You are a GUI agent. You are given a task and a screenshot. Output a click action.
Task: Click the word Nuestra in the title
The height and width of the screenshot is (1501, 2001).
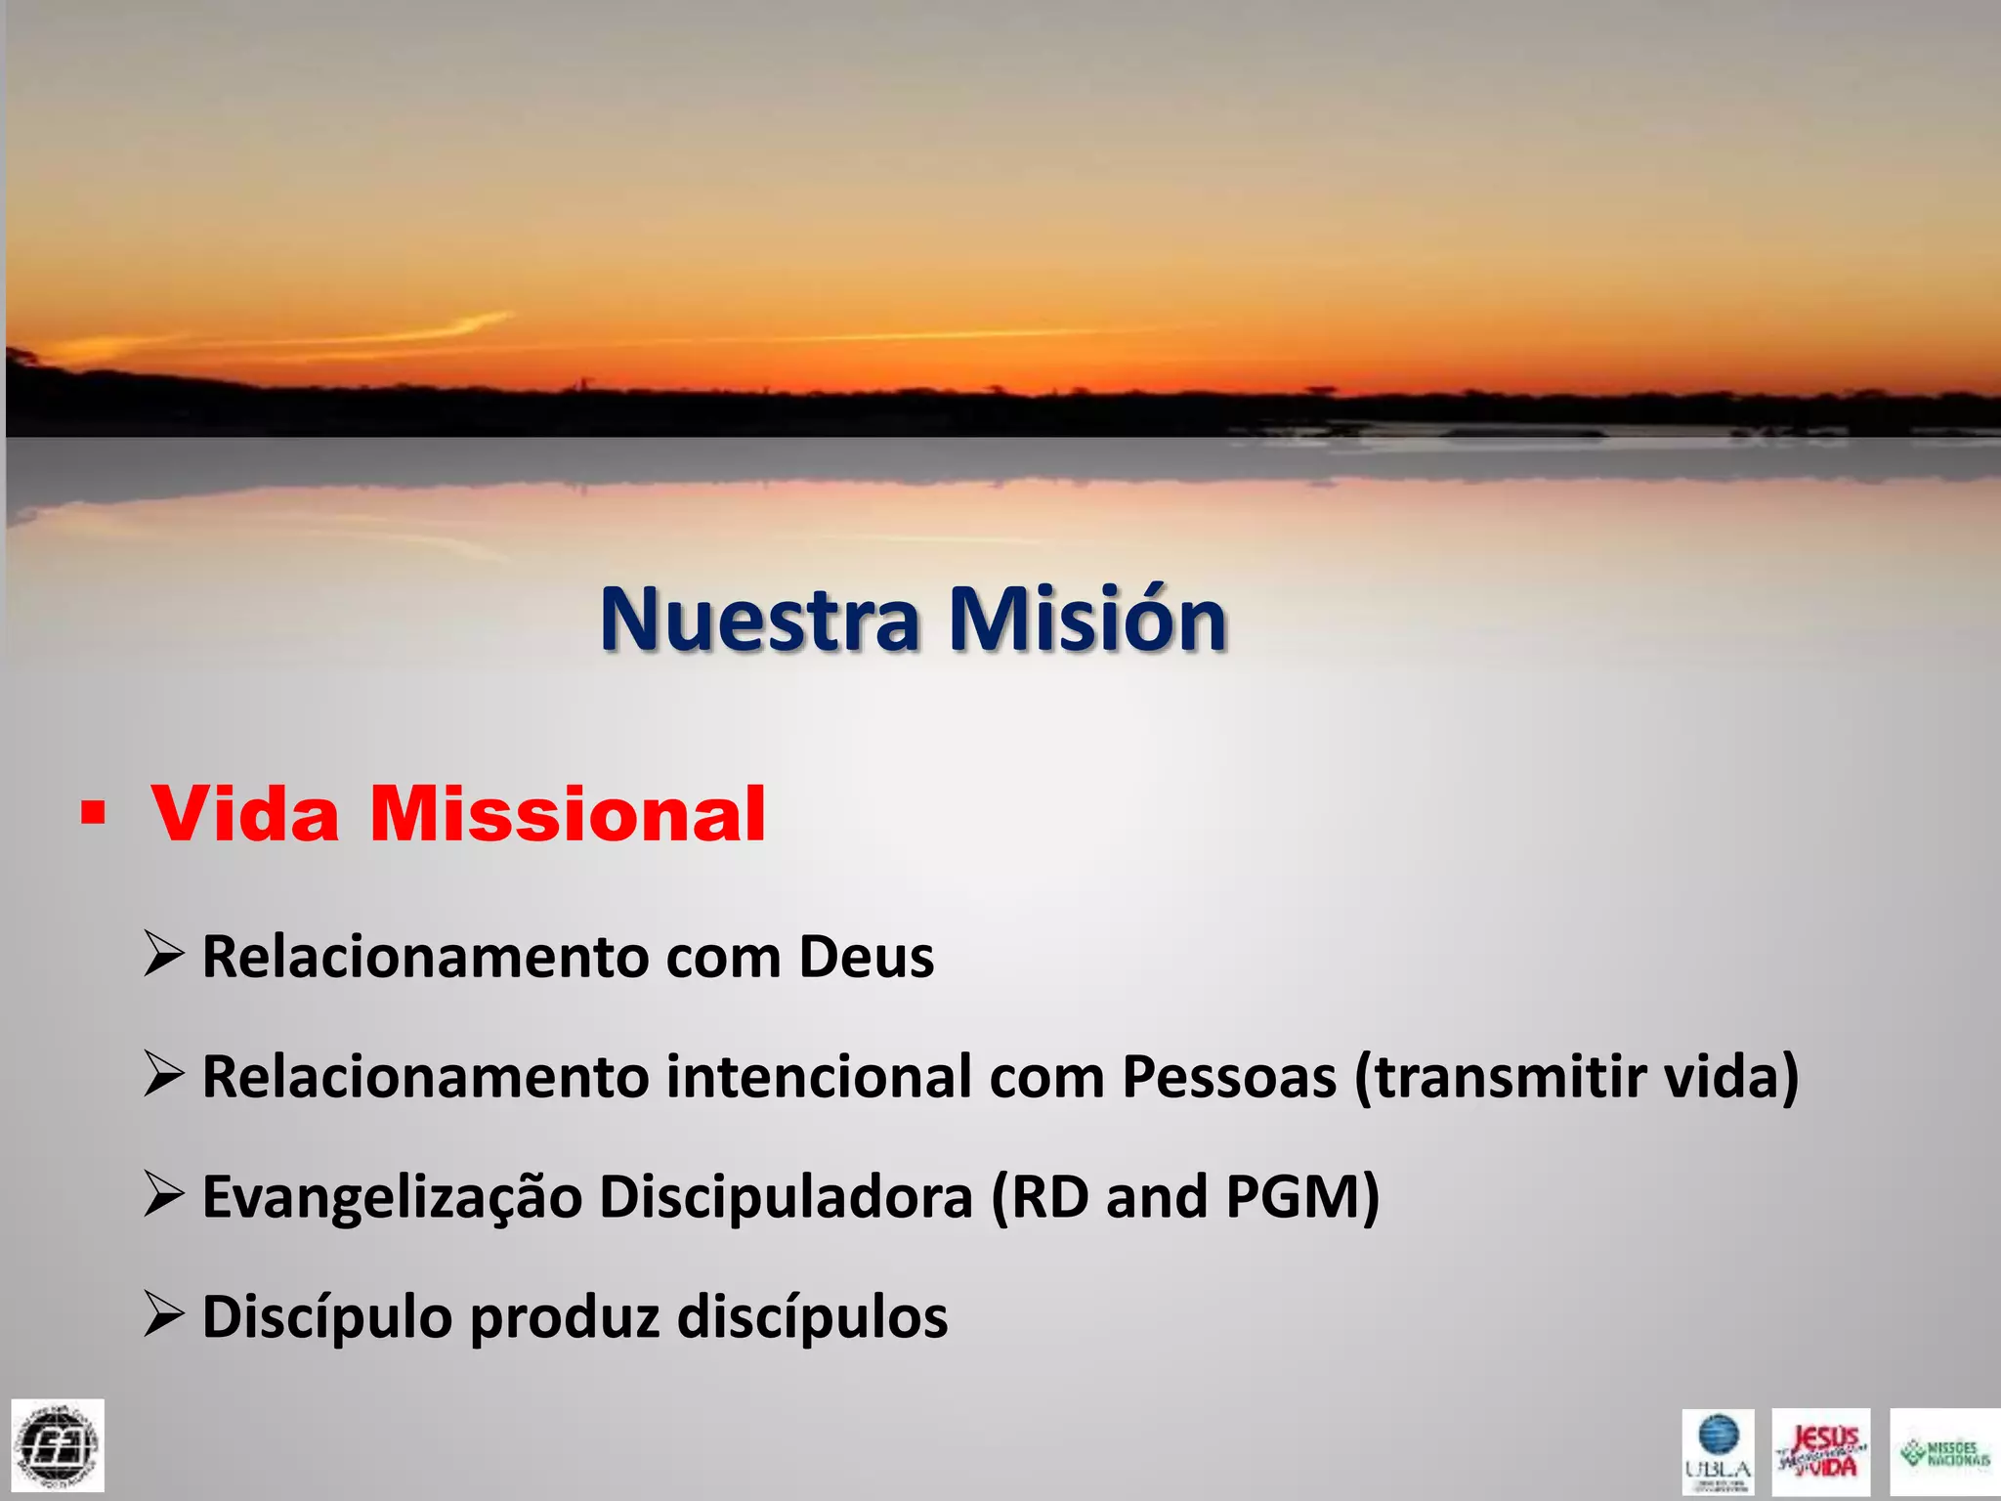tap(760, 619)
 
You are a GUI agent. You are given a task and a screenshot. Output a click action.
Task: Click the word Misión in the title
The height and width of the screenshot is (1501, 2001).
tap(1087, 619)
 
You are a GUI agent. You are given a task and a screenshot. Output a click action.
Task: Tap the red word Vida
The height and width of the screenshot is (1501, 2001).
tap(245, 814)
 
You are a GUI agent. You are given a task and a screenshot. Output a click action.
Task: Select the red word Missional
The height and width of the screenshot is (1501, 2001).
tap(568, 814)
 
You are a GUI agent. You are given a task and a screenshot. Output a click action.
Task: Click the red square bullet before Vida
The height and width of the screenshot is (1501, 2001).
tap(93, 813)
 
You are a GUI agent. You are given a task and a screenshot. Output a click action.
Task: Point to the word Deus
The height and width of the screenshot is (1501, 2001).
tap(866, 957)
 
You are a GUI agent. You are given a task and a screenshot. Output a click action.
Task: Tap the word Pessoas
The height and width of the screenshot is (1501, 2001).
tap(1229, 1077)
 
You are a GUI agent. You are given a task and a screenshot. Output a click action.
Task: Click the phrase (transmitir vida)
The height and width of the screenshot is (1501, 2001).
tap(1576, 1077)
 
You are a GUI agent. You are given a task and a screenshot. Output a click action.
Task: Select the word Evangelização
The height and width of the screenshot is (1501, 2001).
tap(392, 1198)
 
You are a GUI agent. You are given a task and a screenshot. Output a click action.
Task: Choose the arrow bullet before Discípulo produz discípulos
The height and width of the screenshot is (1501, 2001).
tap(163, 1313)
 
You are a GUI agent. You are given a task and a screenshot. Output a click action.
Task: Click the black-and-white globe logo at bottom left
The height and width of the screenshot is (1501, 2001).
tap(58, 1445)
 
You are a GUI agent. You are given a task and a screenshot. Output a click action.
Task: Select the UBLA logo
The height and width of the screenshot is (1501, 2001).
tap(1718, 1451)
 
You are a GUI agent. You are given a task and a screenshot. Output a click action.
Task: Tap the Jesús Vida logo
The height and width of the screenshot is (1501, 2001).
tap(1821, 1451)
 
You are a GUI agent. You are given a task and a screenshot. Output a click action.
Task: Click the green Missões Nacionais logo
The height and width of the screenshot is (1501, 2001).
tap(1944, 1451)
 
